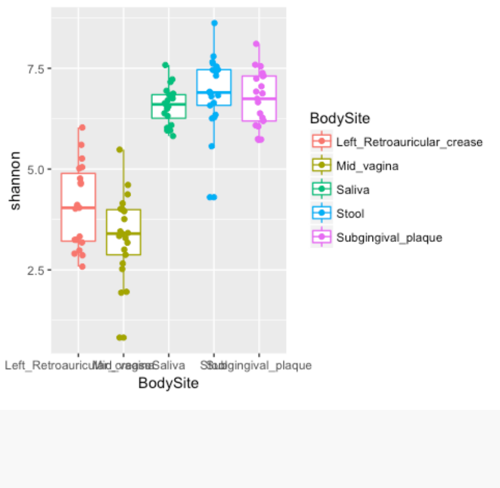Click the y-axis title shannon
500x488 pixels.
(16, 180)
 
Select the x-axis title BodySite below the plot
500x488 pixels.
(168, 383)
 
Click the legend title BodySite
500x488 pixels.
(340, 117)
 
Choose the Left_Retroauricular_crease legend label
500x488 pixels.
(409, 142)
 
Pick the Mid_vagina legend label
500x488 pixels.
(367, 166)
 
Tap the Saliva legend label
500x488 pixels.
(353, 190)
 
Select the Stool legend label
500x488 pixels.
(350, 214)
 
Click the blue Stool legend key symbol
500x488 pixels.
(322, 214)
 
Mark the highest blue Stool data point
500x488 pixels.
(214, 23)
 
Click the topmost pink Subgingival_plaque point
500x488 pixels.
(256, 44)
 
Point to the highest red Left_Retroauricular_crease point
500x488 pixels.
(82, 127)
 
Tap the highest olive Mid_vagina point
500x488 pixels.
(120, 149)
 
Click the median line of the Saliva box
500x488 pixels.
(169, 104)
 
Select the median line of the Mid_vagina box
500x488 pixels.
(123, 233)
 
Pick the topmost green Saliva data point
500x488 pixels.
(166, 65)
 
